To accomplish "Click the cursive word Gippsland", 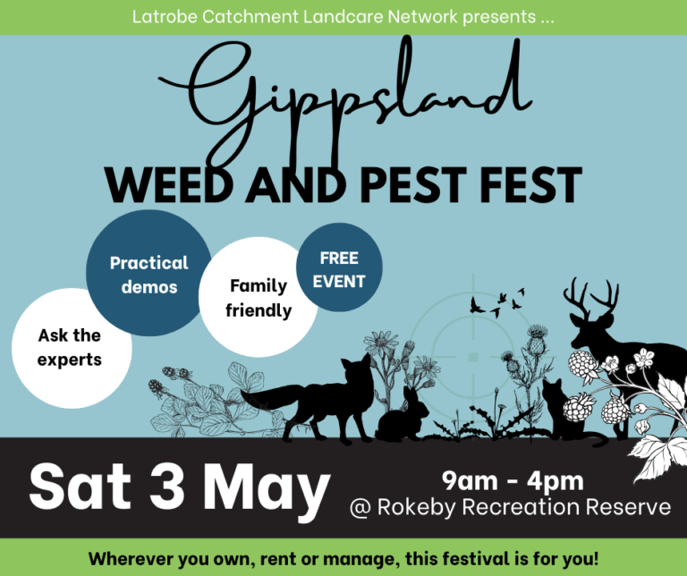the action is (346, 101).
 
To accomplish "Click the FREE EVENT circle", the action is (339, 267).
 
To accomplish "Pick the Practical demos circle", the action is (149, 273).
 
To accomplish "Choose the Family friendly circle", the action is (258, 297).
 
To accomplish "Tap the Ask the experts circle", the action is (72, 348).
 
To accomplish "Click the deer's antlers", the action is (591, 298).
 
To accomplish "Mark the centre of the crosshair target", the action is (472, 357).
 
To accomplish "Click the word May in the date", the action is (266, 493).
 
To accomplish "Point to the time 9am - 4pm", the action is (513, 481).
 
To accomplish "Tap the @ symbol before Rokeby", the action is (360, 508).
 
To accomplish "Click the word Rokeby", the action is (416, 507).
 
